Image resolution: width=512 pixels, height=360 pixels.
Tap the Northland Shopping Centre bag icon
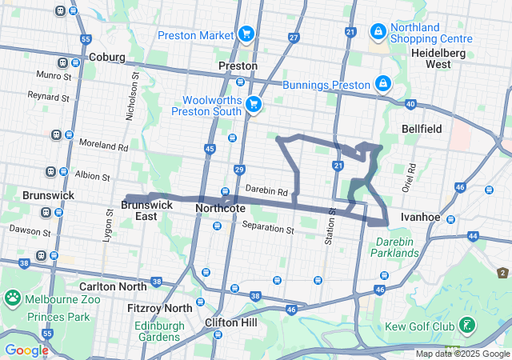coord(378,31)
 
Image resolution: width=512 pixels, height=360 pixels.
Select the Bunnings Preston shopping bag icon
coord(383,84)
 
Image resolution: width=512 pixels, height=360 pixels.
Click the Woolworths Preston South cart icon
coord(254,104)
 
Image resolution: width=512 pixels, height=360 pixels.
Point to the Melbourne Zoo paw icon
coord(13,298)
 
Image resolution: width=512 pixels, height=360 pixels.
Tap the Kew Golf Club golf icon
coord(465,326)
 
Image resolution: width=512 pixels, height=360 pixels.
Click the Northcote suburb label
coord(220,208)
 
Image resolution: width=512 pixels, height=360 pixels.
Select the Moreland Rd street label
coord(104,146)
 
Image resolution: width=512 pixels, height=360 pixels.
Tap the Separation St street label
coord(268,228)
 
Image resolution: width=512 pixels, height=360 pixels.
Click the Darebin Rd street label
coord(266,191)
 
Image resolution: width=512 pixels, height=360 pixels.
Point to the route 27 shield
coord(294,38)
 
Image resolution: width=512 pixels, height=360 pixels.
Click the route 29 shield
coord(239,169)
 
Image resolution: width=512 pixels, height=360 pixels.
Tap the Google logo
coord(26,350)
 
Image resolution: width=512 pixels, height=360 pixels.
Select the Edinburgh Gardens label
coord(159,331)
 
